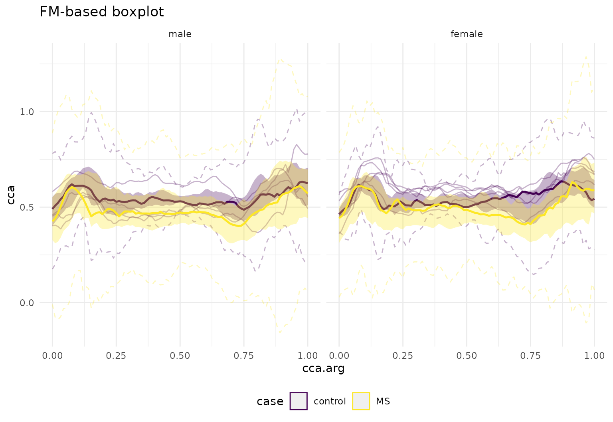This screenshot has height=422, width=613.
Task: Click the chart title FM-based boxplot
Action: point(102,12)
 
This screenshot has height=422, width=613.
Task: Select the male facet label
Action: point(180,34)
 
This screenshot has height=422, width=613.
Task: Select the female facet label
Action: point(467,34)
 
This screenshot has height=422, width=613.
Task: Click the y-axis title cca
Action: point(11,195)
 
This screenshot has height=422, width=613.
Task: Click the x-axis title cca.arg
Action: point(323,368)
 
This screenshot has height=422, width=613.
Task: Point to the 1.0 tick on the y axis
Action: point(27,112)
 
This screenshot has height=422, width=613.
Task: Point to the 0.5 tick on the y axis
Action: point(27,207)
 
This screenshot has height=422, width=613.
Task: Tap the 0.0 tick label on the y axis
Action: point(27,303)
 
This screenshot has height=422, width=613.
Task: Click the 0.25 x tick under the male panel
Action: point(116,356)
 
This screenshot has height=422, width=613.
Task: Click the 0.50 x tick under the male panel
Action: point(180,356)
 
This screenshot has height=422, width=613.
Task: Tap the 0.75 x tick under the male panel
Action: point(244,356)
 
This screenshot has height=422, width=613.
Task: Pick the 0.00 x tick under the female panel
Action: point(339,356)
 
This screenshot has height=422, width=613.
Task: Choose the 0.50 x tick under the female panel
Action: point(467,356)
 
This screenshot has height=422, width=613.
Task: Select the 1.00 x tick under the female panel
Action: point(594,356)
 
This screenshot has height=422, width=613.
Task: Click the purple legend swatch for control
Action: point(299,401)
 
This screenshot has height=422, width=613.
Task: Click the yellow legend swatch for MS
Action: point(361,401)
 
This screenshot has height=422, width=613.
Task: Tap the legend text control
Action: point(330,401)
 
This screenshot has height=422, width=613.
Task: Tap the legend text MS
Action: point(383,401)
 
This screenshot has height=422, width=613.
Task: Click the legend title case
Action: point(270,401)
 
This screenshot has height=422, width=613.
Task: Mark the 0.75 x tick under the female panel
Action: point(530,356)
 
